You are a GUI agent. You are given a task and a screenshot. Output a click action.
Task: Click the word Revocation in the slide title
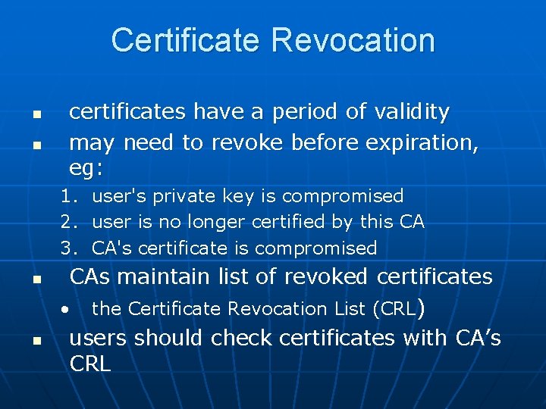point(354,40)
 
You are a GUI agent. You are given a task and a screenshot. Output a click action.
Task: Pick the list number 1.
point(69,196)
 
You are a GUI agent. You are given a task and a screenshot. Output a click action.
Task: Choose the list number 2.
point(69,222)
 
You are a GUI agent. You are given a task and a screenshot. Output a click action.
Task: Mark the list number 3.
point(69,248)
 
